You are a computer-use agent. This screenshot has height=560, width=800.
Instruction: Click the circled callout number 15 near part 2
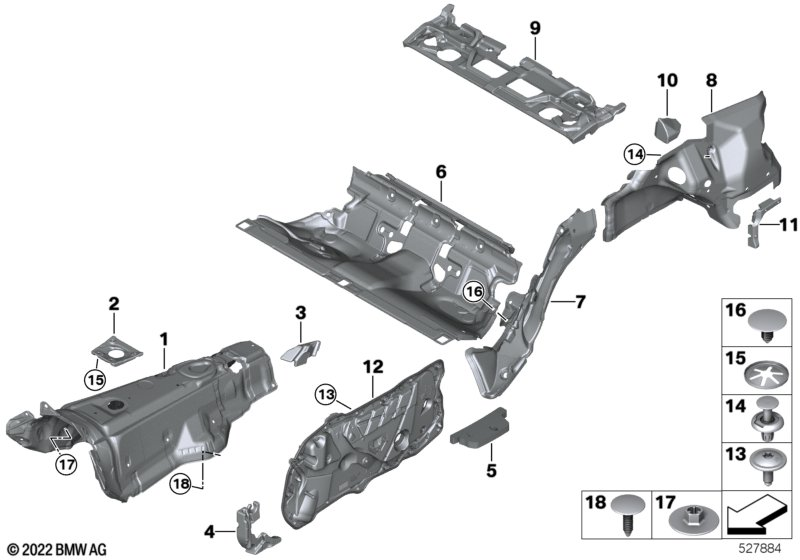tap(95, 379)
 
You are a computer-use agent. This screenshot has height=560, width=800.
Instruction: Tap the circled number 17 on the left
tap(66, 463)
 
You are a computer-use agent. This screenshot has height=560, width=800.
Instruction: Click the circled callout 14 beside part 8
tap(632, 154)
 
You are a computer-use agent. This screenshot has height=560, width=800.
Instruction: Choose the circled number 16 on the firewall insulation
tap(473, 291)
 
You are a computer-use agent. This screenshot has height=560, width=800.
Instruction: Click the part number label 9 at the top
tap(535, 25)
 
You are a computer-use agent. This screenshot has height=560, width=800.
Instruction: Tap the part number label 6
tap(440, 172)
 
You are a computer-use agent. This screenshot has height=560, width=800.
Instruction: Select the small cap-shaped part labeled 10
tap(667, 128)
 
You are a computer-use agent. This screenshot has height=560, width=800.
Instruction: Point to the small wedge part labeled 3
tap(299, 349)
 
